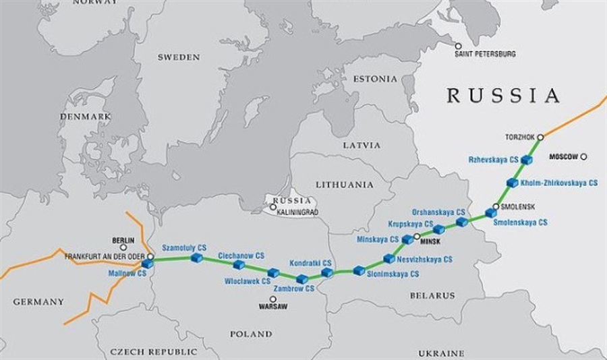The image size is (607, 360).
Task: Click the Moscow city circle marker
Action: (x=583, y=156)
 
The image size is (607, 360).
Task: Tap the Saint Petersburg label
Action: (x=485, y=53)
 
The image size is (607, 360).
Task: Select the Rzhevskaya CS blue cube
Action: (x=527, y=160)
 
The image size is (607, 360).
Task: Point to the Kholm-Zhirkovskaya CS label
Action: (x=560, y=182)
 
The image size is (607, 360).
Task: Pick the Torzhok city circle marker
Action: (x=540, y=137)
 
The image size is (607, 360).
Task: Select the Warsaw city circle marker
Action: (x=272, y=299)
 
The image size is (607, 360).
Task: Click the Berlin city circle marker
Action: (x=123, y=248)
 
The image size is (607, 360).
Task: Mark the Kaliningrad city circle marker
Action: (x=273, y=207)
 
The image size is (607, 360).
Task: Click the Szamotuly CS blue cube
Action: (x=197, y=258)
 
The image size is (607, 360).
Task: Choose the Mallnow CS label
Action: (x=127, y=274)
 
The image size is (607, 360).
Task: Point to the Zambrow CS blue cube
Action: (x=301, y=278)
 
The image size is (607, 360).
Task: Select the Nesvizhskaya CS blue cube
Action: (x=388, y=258)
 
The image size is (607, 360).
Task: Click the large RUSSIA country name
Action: (x=503, y=96)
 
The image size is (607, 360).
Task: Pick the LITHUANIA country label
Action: (x=345, y=184)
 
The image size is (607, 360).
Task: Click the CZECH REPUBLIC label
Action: (x=154, y=351)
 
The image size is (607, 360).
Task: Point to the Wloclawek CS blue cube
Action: (x=273, y=272)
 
